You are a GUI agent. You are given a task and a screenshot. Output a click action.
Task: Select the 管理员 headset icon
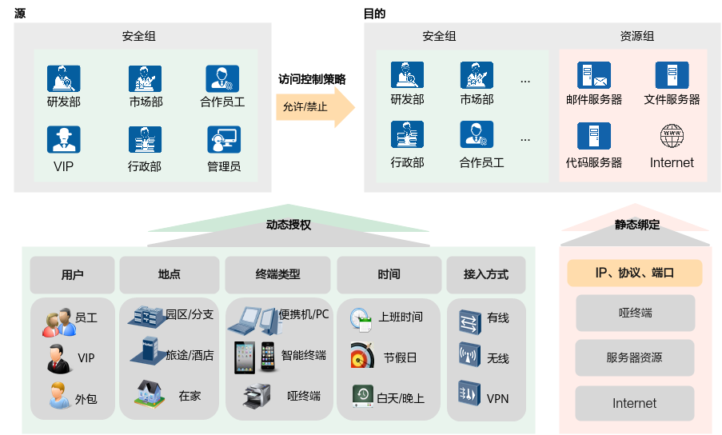point(223,140)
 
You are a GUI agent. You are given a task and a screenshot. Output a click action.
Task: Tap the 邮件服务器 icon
point(593,76)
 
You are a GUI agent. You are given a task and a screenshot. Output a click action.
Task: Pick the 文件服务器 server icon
point(672,76)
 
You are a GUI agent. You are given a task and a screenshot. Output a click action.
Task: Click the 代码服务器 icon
point(593,137)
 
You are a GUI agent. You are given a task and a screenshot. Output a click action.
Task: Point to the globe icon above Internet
point(672,136)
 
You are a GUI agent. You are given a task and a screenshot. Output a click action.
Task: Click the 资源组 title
point(636,36)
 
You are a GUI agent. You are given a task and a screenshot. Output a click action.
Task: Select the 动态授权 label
point(288,225)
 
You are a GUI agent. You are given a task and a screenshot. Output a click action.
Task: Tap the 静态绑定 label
point(636,225)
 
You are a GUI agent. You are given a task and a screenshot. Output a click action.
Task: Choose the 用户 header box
point(72,274)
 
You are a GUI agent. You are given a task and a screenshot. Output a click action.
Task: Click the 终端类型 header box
point(277,274)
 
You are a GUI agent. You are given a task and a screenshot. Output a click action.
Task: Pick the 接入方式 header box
point(485,274)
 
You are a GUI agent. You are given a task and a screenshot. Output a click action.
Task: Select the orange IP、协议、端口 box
point(635,273)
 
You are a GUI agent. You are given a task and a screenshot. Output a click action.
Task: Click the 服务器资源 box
point(635,357)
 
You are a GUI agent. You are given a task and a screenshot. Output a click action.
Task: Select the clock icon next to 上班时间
point(361,318)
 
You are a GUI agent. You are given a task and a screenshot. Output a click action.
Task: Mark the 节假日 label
point(401,357)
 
